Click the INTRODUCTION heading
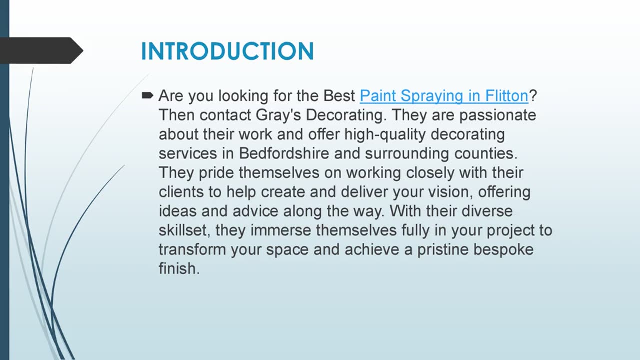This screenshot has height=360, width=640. [227, 51]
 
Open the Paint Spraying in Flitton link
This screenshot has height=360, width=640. [444, 96]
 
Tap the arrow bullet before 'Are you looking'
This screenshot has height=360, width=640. [147, 95]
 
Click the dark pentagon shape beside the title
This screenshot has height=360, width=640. [41, 51]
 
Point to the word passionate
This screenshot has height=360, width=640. [498, 115]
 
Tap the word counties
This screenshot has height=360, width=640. [486, 153]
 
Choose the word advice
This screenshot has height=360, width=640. [255, 211]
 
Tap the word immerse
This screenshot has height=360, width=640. [281, 230]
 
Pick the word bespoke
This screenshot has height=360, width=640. [503, 250]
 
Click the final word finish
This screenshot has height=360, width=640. [179, 269]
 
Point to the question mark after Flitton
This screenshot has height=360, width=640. [533, 95]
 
